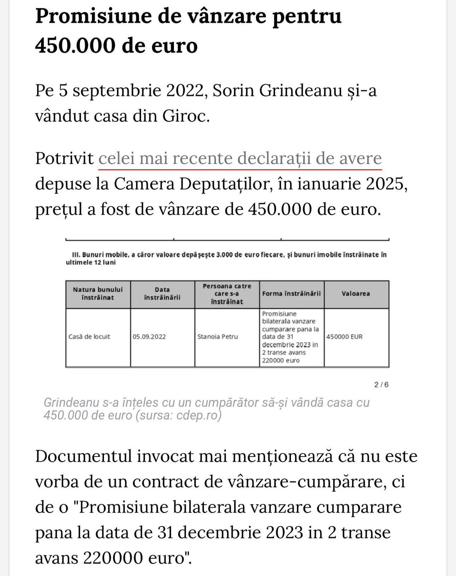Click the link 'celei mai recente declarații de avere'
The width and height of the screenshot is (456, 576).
(x=240, y=158)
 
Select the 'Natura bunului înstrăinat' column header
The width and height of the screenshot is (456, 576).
(x=98, y=293)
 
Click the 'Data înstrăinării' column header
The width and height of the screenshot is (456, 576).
(x=162, y=293)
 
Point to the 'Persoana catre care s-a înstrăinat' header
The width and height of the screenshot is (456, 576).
(x=227, y=293)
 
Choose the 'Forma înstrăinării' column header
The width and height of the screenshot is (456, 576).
(x=291, y=293)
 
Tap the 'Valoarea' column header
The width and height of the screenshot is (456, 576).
(x=356, y=293)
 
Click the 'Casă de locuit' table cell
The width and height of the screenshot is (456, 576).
(x=90, y=337)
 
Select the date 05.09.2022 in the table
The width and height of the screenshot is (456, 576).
(x=149, y=337)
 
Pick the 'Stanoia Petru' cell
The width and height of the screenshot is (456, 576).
(x=217, y=337)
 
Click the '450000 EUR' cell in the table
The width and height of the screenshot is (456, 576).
(x=345, y=337)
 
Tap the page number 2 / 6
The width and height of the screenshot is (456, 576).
(x=381, y=385)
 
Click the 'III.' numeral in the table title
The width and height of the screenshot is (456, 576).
(x=76, y=255)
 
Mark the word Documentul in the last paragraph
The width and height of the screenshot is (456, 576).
(x=84, y=456)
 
